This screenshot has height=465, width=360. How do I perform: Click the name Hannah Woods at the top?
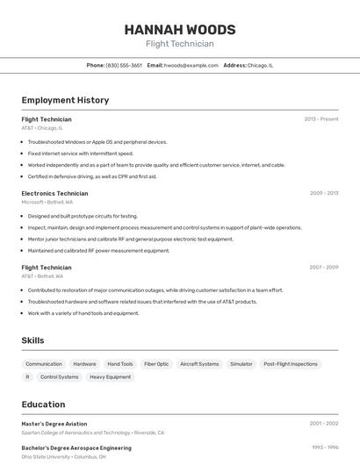coord(179,28)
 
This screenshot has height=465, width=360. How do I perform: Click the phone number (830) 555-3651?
coord(124,65)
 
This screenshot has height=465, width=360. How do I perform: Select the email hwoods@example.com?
coord(191,65)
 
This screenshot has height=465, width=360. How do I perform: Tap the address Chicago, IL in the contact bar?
coord(260,65)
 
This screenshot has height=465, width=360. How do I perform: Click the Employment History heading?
coord(65,100)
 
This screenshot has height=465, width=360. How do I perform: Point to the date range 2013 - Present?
coord(320,118)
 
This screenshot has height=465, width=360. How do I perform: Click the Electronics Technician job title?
coord(54,193)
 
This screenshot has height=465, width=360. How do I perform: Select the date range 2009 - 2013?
coord(323,193)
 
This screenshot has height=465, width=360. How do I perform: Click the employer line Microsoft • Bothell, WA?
coord(47,202)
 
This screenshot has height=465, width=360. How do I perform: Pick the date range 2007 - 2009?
coord(323,267)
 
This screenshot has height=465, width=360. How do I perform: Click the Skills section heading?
coord(32,340)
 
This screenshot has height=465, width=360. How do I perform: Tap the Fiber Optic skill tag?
coord(156,364)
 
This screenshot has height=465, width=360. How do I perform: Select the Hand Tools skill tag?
coord(120,364)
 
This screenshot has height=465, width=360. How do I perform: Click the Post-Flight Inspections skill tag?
coord(291,364)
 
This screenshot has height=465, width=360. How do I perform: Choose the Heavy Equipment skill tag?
coord(110,377)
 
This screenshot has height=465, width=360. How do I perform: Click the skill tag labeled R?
coord(27,377)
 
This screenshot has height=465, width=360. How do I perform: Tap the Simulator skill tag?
coord(241,364)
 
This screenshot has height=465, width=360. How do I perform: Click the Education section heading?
coord(43,404)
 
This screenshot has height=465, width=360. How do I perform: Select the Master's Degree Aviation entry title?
coord(54,424)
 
